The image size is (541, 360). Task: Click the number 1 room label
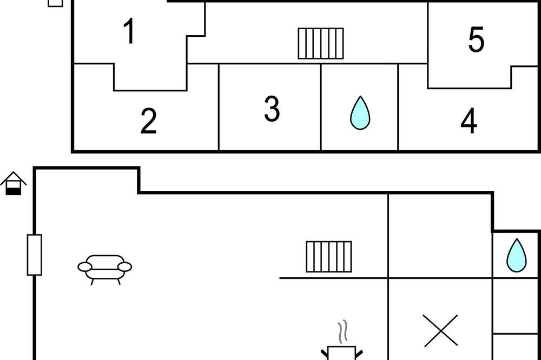point(129,31)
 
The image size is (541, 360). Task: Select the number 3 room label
point(272,109)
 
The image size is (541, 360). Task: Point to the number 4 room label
point(469,121)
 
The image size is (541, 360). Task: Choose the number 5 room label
point(476,39)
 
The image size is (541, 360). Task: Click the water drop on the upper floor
point(360,113)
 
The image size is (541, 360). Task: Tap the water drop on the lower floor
point(517,255)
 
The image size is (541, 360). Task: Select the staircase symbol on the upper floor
point(321,43)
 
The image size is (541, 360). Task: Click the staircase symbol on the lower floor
point(329,257)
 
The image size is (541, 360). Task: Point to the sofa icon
point(104,269)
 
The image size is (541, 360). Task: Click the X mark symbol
point(441,330)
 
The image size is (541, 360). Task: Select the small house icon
point(14,183)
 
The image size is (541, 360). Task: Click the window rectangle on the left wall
point(35,255)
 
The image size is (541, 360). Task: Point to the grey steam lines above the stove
point(342,332)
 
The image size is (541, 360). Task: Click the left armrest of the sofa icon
point(85,267)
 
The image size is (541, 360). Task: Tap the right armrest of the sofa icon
point(124,267)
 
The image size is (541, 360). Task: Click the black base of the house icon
point(14,191)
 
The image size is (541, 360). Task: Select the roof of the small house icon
point(14,178)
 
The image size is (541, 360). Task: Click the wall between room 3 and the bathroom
point(321,107)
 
